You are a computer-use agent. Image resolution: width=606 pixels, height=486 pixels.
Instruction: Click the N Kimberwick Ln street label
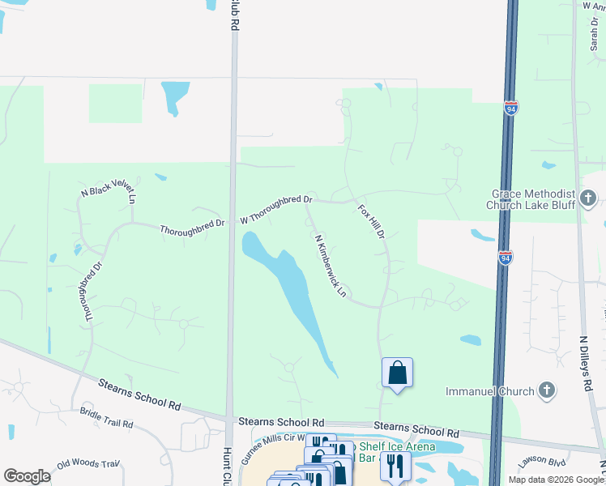pos(330,265)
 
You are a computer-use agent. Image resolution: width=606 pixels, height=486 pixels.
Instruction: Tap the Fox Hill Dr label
pos(370,221)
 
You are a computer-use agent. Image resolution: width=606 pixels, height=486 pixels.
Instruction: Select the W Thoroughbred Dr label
pos(276,209)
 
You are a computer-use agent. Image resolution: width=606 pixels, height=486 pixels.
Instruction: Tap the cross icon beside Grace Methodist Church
pos(588,198)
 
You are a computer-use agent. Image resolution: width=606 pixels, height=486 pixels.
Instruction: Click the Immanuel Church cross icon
pos(547,391)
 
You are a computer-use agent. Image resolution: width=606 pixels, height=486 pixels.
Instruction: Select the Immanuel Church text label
pos(490,391)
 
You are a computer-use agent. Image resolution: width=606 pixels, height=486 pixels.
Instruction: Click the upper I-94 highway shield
pos(510,109)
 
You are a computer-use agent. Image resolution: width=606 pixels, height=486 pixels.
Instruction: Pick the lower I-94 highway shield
pos(506,258)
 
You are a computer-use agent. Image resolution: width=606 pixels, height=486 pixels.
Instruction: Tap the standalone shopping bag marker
pos(397,373)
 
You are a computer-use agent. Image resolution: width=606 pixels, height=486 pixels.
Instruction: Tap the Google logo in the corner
pos(28,476)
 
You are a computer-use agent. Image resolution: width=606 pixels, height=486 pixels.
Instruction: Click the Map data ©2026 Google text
pos(556,480)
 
